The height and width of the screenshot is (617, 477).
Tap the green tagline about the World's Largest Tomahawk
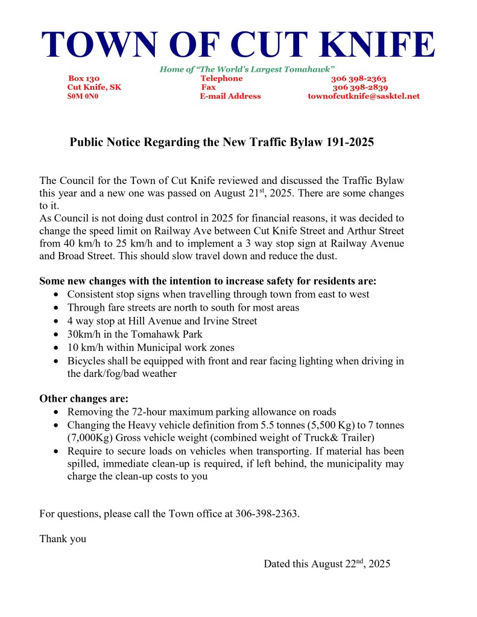point(247,69)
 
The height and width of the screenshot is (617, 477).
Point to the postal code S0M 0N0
point(83,96)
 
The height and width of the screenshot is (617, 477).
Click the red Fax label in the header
point(208,87)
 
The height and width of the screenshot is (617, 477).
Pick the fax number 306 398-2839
point(360,87)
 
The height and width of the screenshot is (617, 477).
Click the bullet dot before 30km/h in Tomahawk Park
point(56,334)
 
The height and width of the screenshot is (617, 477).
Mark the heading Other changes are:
point(84,399)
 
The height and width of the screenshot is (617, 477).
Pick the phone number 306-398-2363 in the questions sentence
point(265,514)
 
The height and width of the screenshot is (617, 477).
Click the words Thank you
point(63,539)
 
